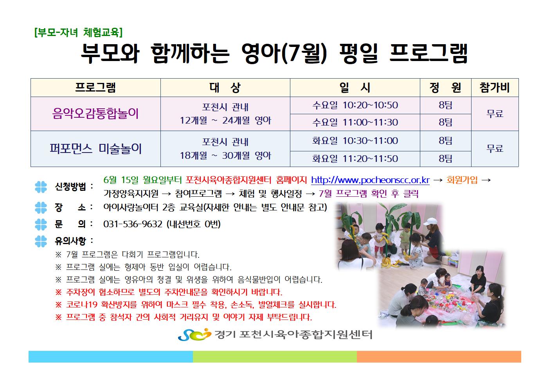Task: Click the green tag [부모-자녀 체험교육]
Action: click(x=78, y=32)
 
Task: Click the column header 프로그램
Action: click(x=95, y=88)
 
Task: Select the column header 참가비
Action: click(x=495, y=88)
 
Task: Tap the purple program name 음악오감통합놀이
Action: click(x=95, y=114)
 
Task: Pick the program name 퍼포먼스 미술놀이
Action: click(x=95, y=149)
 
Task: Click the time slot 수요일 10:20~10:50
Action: click(x=355, y=105)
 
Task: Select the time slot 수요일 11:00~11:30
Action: click(x=355, y=122)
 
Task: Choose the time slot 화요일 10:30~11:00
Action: click(x=355, y=140)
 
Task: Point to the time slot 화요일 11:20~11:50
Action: click(x=355, y=159)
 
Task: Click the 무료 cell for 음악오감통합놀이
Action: click(x=495, y=114)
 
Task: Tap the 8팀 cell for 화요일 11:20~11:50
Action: click(x=446, y=159)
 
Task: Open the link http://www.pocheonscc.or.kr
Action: click(x=370, y=180)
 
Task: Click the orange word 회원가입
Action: click(x=462, y=180)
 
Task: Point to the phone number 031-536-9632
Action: click(x=133, y=224)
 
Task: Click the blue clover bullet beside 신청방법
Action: click(x=41, y=187)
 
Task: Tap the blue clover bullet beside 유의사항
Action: click(x=41, y=241)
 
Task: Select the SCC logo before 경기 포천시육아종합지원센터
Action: click(x=194, y=334)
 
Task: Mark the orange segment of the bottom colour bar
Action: click(x=439, y=357)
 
